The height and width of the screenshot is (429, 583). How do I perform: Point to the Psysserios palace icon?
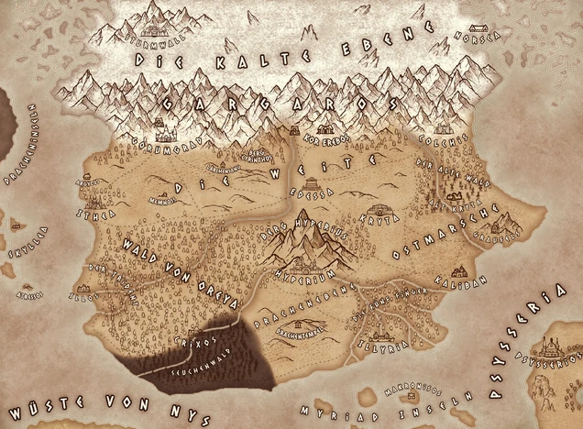(553, 346)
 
